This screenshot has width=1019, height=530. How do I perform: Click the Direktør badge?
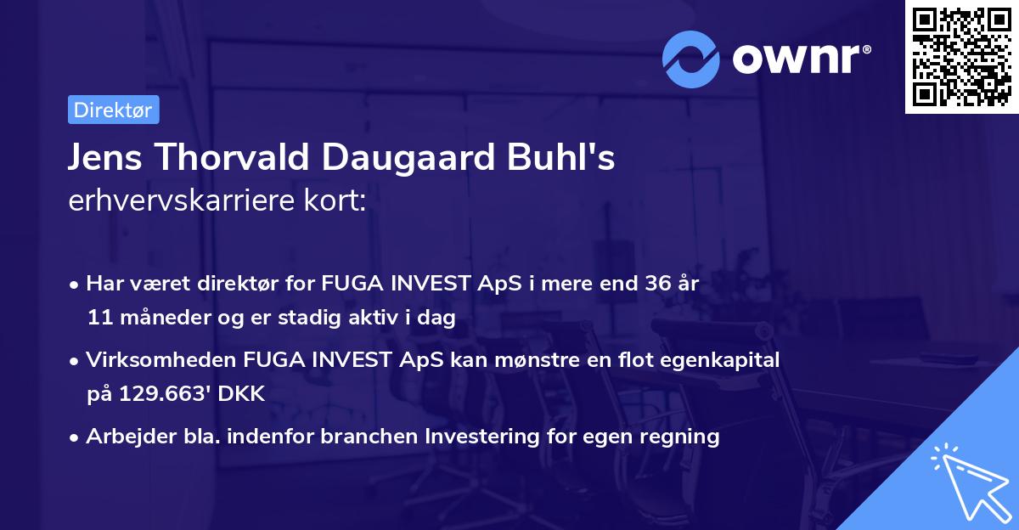113,110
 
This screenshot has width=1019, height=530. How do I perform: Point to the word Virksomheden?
149,360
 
